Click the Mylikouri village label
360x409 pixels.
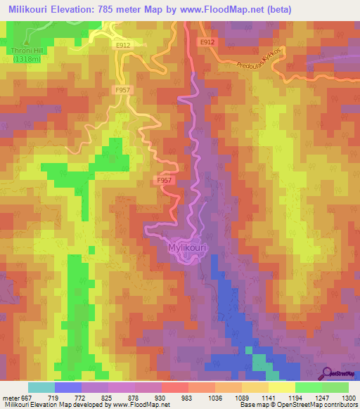click(x=188, y=248)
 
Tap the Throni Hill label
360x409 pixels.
click(x=29, y=51)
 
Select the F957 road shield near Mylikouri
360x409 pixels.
click(x=164, y=181)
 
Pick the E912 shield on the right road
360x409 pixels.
click(x=206, y=42)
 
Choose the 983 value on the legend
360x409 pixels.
click(x=187, y=397)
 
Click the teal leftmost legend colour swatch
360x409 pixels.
click(x=41, y=387)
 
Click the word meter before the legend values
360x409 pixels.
click(x=12, y=397)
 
